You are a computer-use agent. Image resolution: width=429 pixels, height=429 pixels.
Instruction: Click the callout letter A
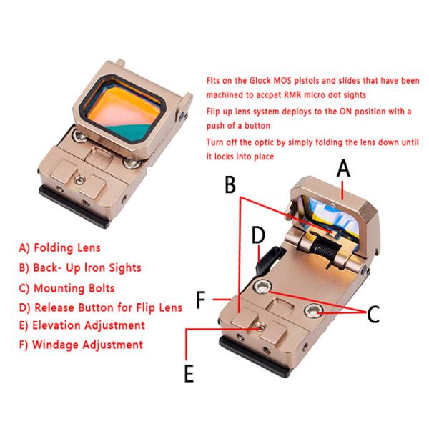pyautogui.click(x=343, y=169)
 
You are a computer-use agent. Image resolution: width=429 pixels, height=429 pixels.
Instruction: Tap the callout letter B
pyautogui.click(x=230, y=184)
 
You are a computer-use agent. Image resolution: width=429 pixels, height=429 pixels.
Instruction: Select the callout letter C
pyautogui.click(x=373, y=314)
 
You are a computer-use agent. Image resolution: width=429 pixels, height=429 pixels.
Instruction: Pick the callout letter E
pyautogui.click(x=189, y=373)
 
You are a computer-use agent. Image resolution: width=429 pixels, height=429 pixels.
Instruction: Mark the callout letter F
pyautogui.click(x=201, y=300)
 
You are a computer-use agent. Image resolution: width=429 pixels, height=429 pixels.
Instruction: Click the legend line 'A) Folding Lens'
pyautogui.click(x=60, y=248)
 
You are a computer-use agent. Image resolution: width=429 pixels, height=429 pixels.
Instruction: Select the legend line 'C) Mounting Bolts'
pyautogui.click(x=67, y=288)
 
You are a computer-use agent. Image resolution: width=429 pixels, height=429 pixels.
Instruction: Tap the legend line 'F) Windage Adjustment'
pyautogui.click(x=81, y=345)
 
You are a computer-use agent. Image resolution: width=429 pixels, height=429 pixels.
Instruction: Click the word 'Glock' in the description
pyautogui.click(x=260, y=81)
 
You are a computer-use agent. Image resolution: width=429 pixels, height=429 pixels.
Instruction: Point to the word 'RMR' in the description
pyautogui.click(x=293, y=95)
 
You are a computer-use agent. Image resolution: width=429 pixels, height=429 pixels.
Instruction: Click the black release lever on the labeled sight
pyautogui.click(x=267, y=259)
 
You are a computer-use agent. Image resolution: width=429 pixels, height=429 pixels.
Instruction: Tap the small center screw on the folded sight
pyautogui.click(x=79, y=179)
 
